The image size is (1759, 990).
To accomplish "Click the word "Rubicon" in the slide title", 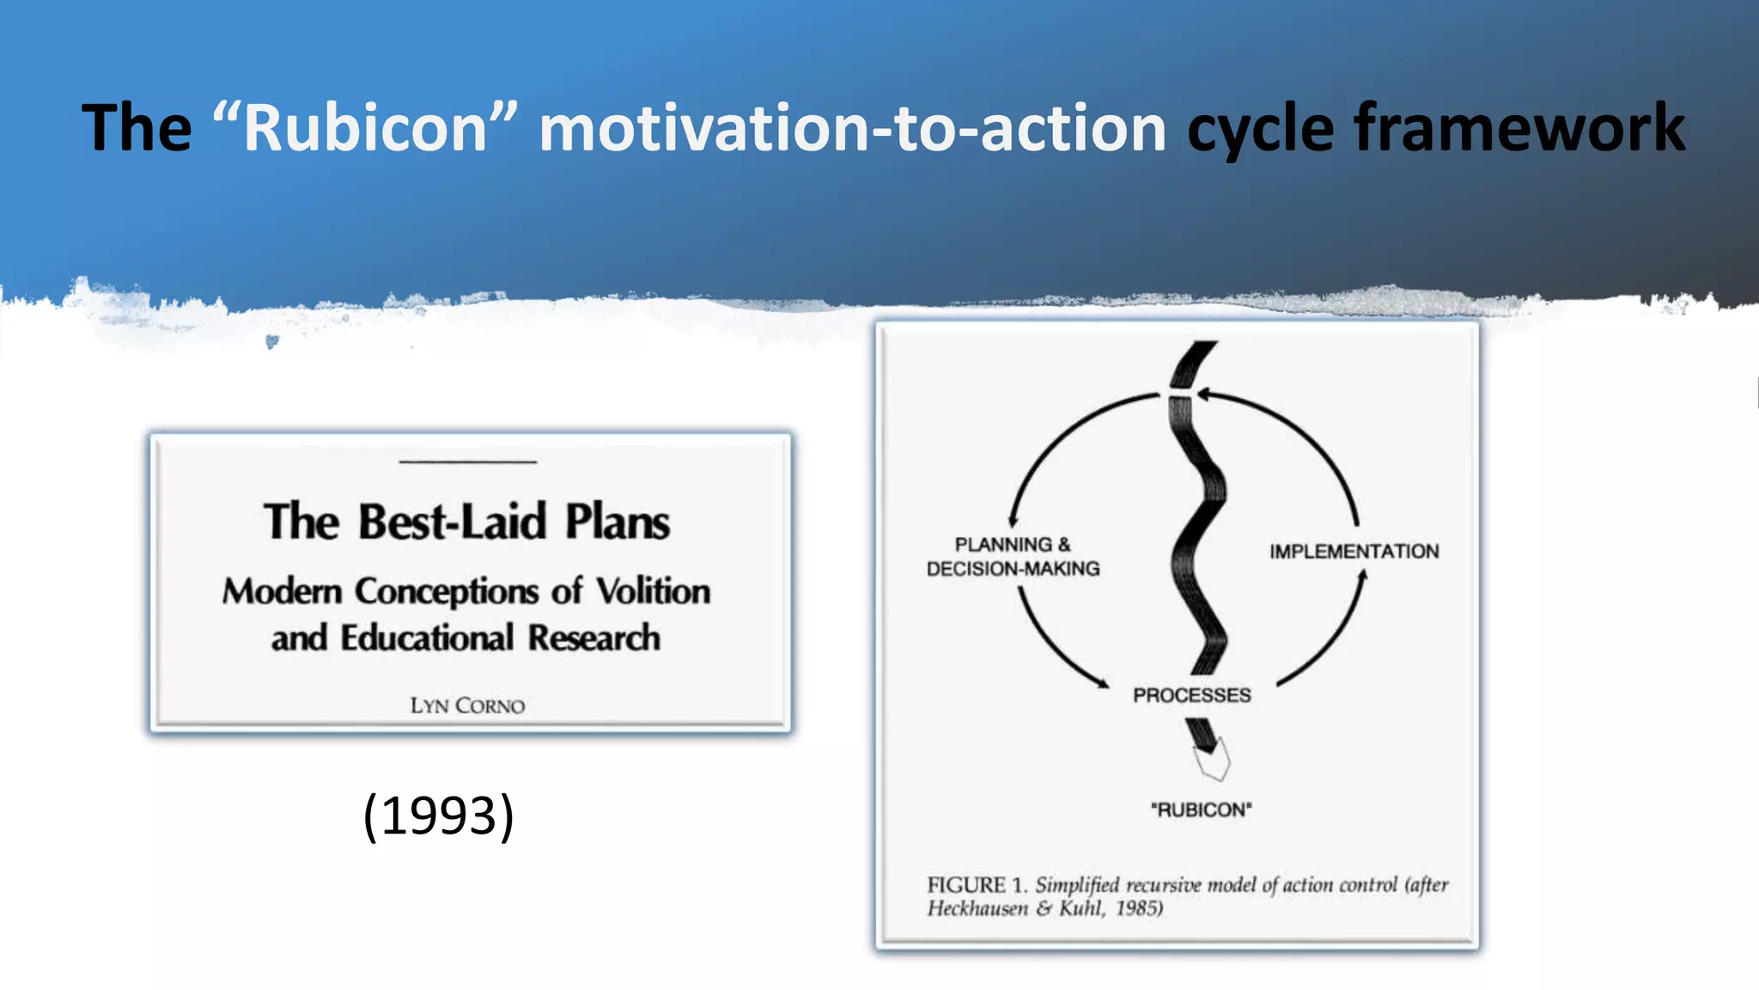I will pyautogui.click(x=365, y=128).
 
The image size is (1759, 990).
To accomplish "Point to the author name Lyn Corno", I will pyautogui.click(x=467, y=706).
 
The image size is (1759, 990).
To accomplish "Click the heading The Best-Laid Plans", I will pyautogui.click(x=467, y=522).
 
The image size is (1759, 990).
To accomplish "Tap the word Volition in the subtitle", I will pyautogui.click(x=653, y=591).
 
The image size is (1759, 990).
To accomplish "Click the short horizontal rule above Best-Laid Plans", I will pyautogui.click(x=467, y=462).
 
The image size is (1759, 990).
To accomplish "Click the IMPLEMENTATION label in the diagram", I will pyautogui.click(x=1354, y=552).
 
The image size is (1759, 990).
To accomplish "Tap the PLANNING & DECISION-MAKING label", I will pyautogui.click(x=1013, y=556).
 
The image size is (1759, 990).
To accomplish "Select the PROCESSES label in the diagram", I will pyautogui.click(x=1191, y=695).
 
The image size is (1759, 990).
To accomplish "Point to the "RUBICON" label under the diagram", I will pyautogui.click(x=1201, y=810).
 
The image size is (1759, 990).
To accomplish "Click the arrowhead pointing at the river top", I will pyautogui.click(x=1203, y=394).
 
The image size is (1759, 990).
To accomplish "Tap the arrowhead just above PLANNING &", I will pyautogui.click(x=1013, y=519).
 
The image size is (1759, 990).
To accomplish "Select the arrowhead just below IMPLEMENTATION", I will pyautogui.click(x=1361, y=577).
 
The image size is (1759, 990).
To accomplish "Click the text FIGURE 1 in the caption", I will pyautogui.click(x=976, y=885).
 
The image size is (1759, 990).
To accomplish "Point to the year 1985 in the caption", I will pyautogui.click(x=1138, y=909).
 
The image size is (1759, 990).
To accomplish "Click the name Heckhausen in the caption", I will pyautogui.click(x=977, y=909).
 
